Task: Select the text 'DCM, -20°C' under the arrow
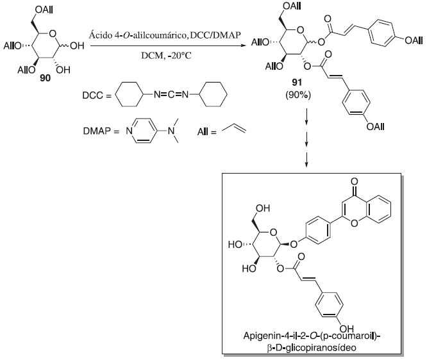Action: (163, 56)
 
